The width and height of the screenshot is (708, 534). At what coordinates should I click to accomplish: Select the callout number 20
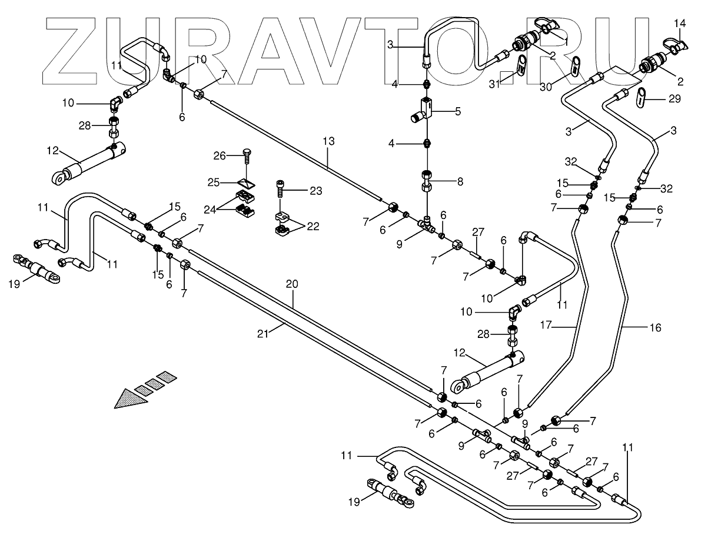click(292, 284)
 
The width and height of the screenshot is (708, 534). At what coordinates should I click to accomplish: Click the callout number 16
click(654, 327)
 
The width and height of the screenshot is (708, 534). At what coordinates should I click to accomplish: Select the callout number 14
click(679, 24)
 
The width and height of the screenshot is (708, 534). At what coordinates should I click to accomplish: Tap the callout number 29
click(674, 98)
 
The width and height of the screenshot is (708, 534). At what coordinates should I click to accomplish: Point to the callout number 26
click(219, 156)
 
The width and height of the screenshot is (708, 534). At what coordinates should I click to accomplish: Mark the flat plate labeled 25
click(246, 181)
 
